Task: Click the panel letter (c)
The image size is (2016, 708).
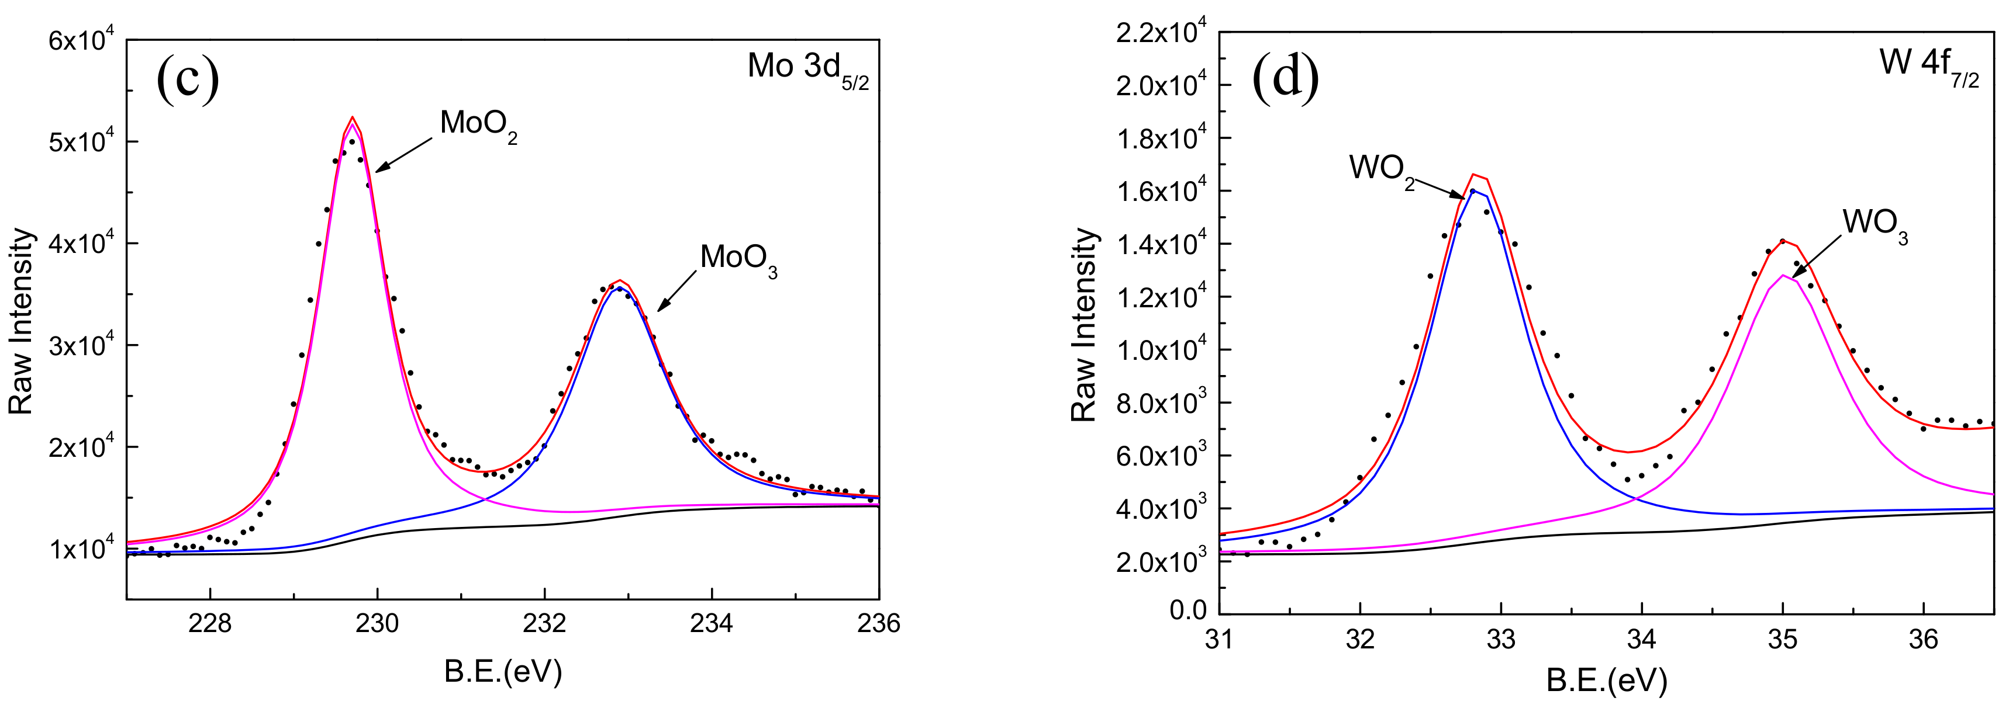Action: click(x=187, y=78)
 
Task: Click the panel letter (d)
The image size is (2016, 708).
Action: click(x=1285, y=78)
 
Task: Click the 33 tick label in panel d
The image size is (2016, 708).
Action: click(x=1500, y=640)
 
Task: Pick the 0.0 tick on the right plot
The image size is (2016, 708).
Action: click(x=1187, y=610)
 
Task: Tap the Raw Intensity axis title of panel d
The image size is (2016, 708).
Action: click(x=1084, y=325)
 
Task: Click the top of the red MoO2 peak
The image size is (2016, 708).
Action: click(x=352, y=117)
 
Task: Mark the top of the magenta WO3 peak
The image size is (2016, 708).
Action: click(x=1783, y=275)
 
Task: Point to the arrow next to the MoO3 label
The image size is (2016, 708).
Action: click(x=676, y=290)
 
